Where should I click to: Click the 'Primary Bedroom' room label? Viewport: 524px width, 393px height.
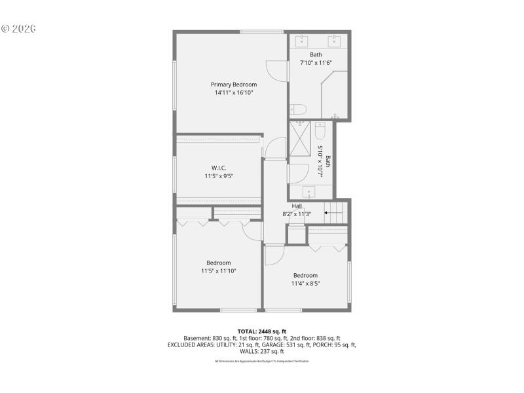pos(233,84)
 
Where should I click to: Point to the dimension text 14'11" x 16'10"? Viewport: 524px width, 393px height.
pos(233,93)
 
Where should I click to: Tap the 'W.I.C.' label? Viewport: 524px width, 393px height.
pos(219,168)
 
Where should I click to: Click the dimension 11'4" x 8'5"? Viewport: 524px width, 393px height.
pos(305,284)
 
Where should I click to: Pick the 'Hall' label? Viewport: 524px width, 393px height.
pos(297,206)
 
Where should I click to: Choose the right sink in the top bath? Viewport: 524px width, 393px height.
pos(334,39)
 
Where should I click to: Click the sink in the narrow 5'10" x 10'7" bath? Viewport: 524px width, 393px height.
pos(310,191)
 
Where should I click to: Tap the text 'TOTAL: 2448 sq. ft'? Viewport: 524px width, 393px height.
pos(262,331)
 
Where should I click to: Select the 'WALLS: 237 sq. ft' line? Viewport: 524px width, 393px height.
pos(262,351)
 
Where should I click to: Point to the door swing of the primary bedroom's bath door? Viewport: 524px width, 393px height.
pos(275,71)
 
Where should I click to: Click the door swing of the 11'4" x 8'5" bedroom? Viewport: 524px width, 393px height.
pos(274,253)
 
